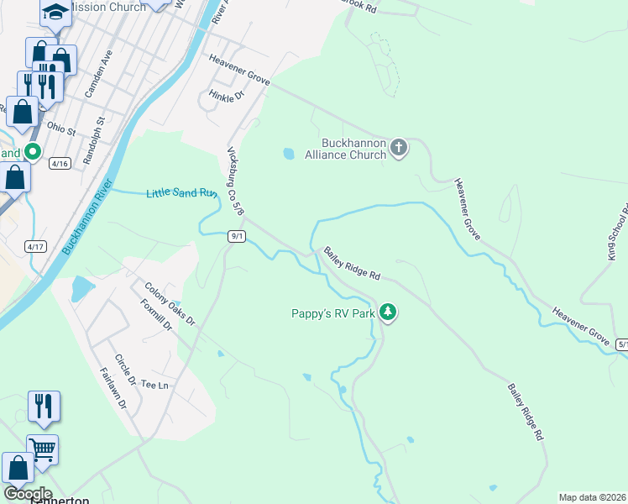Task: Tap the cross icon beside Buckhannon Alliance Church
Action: click(x=399, y=150)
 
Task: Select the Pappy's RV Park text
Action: click(x=332, y=313)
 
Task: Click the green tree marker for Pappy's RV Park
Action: click(x=387, y=312)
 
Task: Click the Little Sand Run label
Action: click(x=182, y=193)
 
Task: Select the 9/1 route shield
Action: click(x=237, y=237)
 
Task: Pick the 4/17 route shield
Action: click(x=36, y=246)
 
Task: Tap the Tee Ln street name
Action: click(x=155, y=385)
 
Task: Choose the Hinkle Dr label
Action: click(x=226, y=96)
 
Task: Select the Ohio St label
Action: click(x=61, y=130)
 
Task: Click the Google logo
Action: click(x=28, y=493)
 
